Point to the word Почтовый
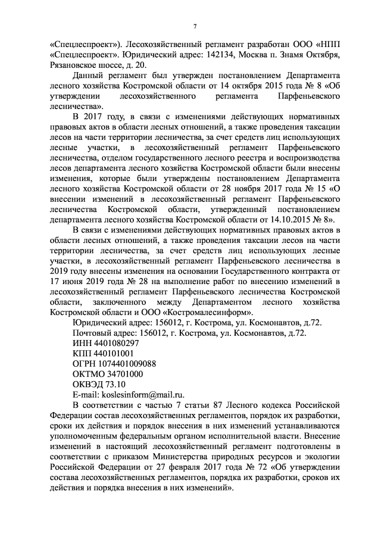point(92,333)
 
